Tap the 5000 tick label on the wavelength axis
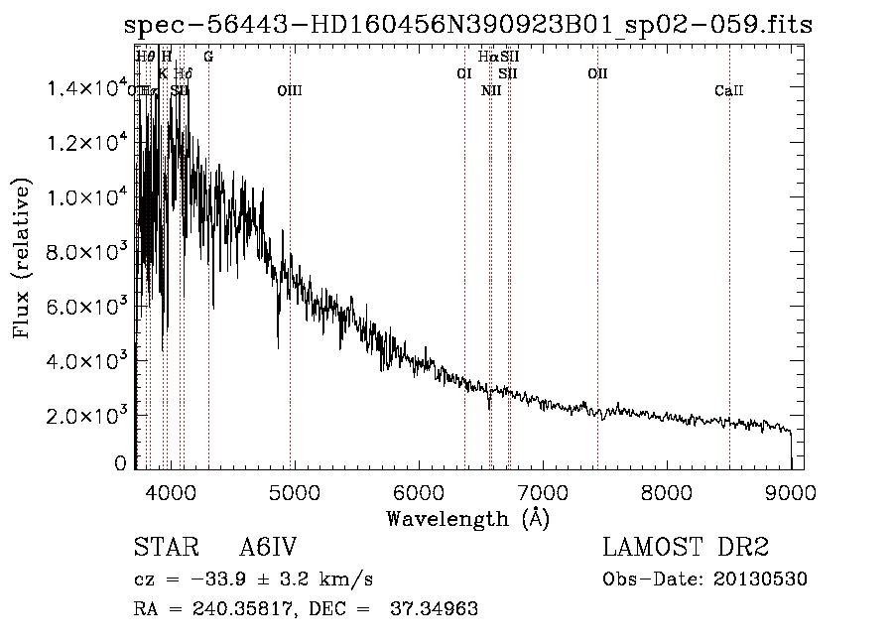tap(294, 491)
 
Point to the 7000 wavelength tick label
tap(543, 491)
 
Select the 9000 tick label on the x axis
tap(792, 491)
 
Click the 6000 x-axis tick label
tap(418, 491)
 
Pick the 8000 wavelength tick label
tap(667, 491)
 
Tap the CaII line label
tap(728, 91)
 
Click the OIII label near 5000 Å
tap(289, 91)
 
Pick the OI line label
tap(463, 73)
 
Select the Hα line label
tap(487, 57)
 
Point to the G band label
tap(207, 57)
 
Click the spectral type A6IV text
tap(268, 548)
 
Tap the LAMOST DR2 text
tap(686, 548)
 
